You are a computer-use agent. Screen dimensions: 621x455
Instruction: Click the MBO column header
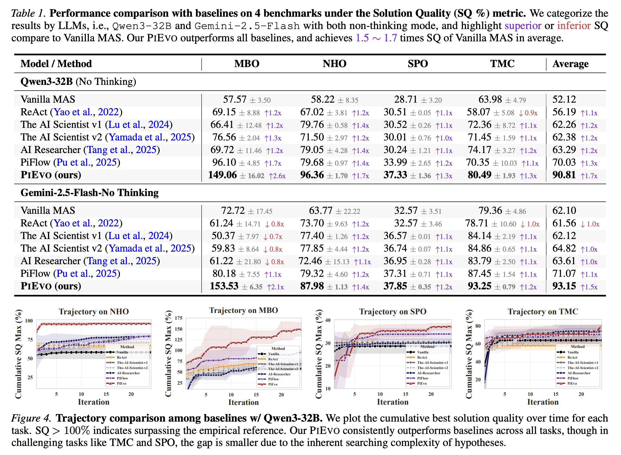pyautogui.click(x=247, y=64)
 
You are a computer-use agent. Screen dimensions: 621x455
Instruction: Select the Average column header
pyautogui.click(x=570, y=64)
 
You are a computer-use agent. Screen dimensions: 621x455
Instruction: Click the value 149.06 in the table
pyautogui.click(x=223, y=175)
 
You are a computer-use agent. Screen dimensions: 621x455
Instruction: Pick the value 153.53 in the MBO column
pyautogui.click(x=224, y=286)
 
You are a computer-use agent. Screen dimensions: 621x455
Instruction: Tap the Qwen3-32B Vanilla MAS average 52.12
pyautogui.click(x=564, y=99)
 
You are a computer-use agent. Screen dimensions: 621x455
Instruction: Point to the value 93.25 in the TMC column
pyautogui.click(x=479, y=286)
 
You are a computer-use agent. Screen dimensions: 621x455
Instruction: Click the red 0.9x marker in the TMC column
pyautogui.click(x=528, y=113)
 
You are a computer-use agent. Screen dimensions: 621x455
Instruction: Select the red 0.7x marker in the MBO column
pyautogui.click(x=273, y=237)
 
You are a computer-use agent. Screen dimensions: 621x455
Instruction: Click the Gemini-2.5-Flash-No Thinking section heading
pyautogui.click(x=90, y=192)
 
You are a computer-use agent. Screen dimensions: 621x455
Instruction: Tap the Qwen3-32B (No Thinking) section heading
pyautogui.click(x=78, y=82)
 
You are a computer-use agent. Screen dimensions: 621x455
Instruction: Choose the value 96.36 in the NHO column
pyautogui.click(x=312, y=175)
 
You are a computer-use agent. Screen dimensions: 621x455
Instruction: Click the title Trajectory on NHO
pyautogui.click(x=94, y=312)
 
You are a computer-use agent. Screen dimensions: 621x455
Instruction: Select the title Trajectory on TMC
pyautogui.click(x=543, y=312)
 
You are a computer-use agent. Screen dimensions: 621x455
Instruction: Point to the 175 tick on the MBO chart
pyautogui.click(x=179, y=318)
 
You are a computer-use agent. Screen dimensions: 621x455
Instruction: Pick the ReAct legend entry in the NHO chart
pyautogui.click(x=116, y=358)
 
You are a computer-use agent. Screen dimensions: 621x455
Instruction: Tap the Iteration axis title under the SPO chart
pyautogui.click(x=392, y=402)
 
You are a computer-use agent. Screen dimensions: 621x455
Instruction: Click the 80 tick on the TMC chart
pyautogui.click(x=478, y=326)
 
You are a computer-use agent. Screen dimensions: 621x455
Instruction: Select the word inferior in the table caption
pyautogui.click(x=574, y=26)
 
